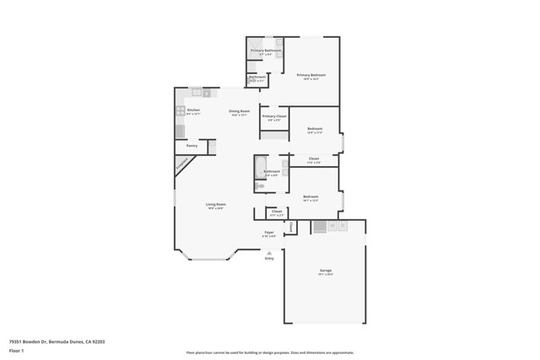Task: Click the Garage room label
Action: (x=325, y=271)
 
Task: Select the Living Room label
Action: (x=216, y=204)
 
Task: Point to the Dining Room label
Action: (x=239, y=111)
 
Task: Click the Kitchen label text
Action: (x=193, y=110)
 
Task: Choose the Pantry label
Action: (x=192, y=145)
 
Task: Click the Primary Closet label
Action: (x=275, y=116)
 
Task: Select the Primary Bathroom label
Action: (x=265, y=51)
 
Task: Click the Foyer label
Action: (x=269, y=232)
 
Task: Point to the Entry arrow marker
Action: (x=269, y=252)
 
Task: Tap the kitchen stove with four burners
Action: (x=180, y=110)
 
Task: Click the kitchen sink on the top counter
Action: (x=197, y=93)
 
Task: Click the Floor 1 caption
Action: (x=16, y=350)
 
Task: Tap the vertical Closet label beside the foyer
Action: (x=291, y=227)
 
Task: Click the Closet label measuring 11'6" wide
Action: (x=313, y=159)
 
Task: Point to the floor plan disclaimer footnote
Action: (x=269, y=352)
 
